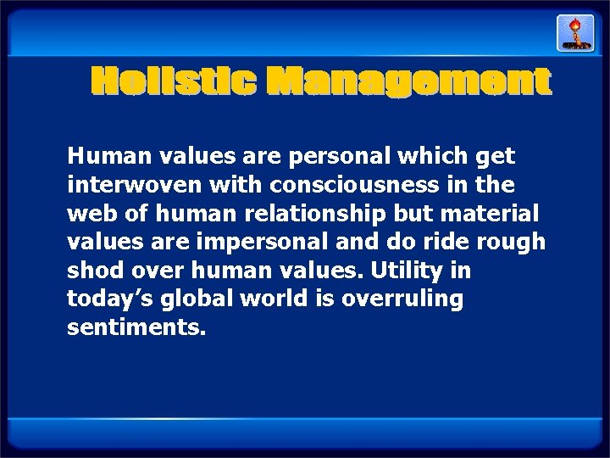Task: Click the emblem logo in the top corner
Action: point(575,32)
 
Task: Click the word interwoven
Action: point(120,184)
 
